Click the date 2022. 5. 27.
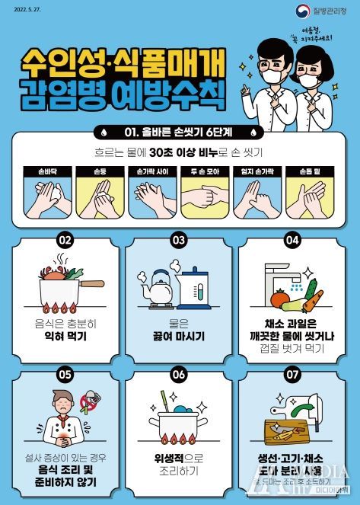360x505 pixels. tap(24, 11)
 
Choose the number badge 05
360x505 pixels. tap(65, 374)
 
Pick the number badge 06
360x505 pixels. tap(179, 374)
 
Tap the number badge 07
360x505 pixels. tap(292, 374)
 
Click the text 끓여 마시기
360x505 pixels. tap(179, 334)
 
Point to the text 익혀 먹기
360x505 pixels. tap(65, 334)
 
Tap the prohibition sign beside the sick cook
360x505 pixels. tap(91, 401)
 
